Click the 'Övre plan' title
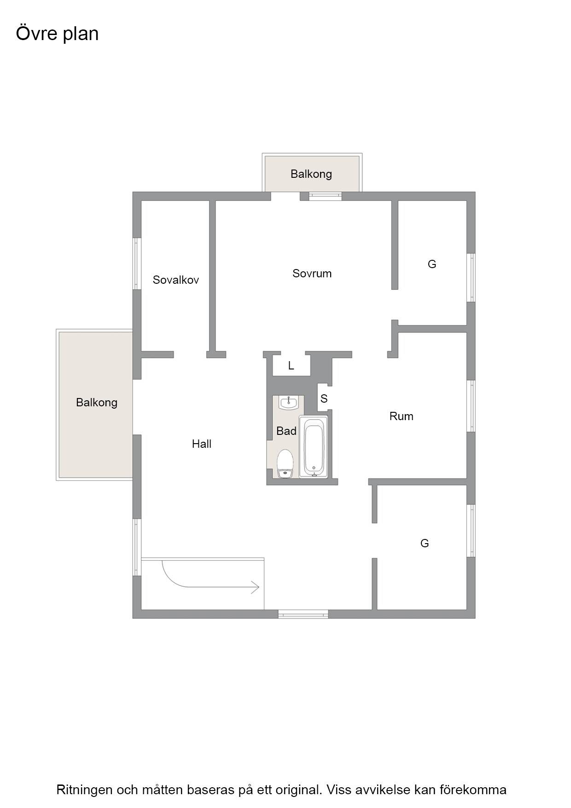coord(57,34)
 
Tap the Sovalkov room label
coord(175,280)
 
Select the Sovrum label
coord(312,273)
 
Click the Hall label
coord(202,444)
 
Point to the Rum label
coord(401,416)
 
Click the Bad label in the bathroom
coord(286,431)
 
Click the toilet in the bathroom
coord(285,464)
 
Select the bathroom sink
coord(289,403)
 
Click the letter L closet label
coord(291,365)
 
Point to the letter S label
coord(324,398)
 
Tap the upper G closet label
coord(431,264)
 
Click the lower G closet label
coord(424,543)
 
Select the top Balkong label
coord(311,174)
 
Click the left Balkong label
coord(96,402)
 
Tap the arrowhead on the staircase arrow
coord(255,587)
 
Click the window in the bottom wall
coord(303,614)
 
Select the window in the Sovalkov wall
coord(137,263)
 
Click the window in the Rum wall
coord(471,406)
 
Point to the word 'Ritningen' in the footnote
coord(84,790)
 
